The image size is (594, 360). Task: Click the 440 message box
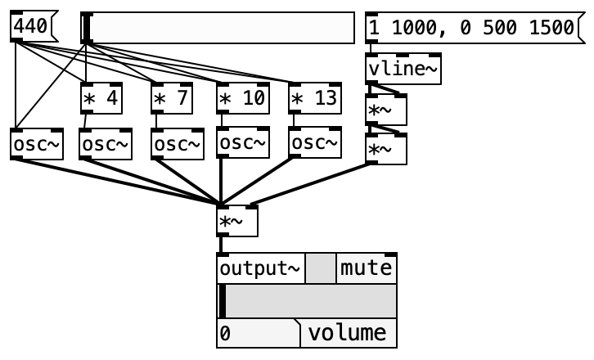34,26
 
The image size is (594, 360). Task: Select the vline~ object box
403,69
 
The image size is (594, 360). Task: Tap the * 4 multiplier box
101,98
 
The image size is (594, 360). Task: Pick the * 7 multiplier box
172,98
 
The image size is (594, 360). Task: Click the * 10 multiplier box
243,98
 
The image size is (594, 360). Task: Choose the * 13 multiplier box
315,98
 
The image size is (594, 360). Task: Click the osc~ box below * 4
106,144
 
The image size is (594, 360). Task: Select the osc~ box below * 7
178,144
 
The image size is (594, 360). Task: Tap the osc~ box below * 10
243,142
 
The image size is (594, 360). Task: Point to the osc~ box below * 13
315,142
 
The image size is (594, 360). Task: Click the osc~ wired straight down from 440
37,144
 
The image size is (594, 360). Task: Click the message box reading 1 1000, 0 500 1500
475,28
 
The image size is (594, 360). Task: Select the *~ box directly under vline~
386,110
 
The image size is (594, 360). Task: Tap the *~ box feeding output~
237,221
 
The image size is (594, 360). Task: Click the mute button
367,268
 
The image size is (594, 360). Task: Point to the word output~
260,268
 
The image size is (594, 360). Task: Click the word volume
347,333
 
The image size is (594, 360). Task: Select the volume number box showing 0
259,333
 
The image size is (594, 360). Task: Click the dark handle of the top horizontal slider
87,28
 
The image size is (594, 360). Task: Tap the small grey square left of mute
321,268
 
